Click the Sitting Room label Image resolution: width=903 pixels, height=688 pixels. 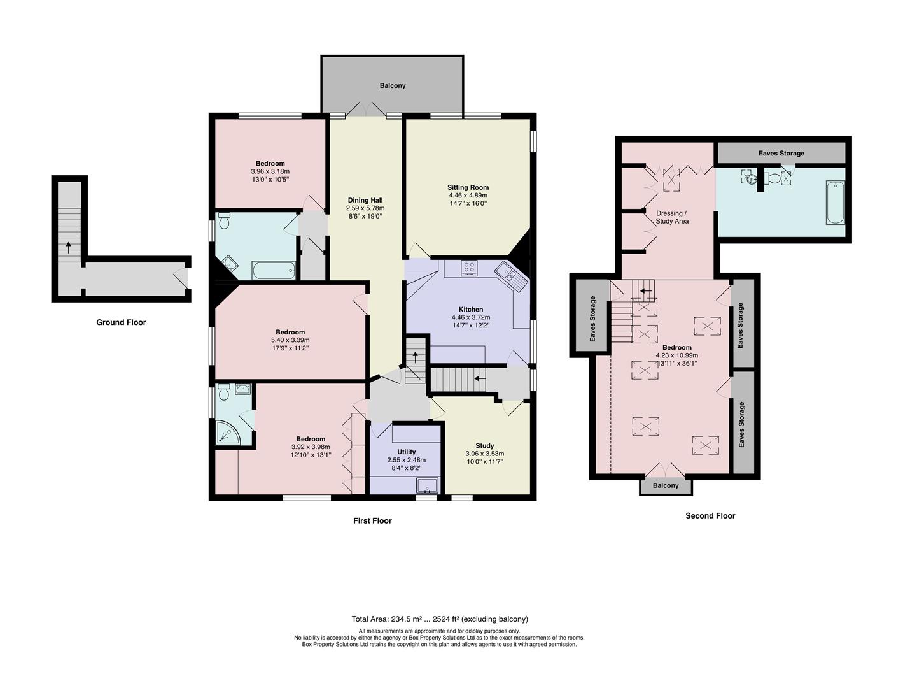click(468, 187)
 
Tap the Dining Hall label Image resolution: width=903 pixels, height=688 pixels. click(365, 200)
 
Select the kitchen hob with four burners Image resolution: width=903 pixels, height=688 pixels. click(470, 269)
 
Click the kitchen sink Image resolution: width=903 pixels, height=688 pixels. click(512, 276)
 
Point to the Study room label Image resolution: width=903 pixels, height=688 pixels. click(484, 446)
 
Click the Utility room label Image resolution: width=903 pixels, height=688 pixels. click(406, 452)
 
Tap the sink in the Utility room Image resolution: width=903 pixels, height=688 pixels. click(428, 487)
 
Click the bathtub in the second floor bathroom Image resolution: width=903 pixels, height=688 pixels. click(835, 203)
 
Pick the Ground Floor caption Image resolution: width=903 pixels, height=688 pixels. click(121, 322)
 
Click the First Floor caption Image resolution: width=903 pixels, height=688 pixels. click(372, 521)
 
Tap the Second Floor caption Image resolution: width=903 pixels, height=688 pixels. click(710, 516)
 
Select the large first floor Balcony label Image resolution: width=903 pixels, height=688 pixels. click(393, 85)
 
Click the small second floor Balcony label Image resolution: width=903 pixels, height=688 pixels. click(666, 485)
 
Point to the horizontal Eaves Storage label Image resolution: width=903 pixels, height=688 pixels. click(781, 153)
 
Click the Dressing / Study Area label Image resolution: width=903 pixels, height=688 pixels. click(671, 217)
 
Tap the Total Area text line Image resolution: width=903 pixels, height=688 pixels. click(440, 619)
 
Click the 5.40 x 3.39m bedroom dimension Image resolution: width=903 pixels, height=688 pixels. click(290, 340)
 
